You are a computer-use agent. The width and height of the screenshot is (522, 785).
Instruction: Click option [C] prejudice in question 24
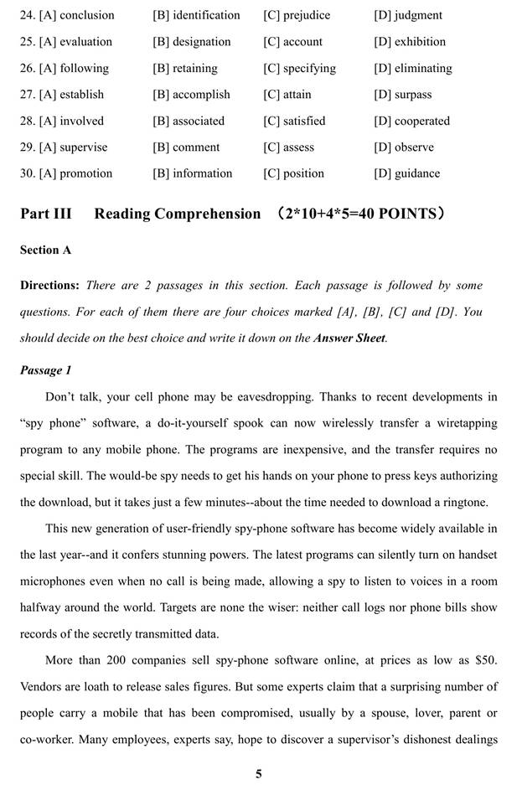(x=297, y=15)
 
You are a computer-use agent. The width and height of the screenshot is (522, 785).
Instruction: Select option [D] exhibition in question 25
(x=410, y=42)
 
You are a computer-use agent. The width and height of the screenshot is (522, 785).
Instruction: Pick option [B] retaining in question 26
(x=185, y=68)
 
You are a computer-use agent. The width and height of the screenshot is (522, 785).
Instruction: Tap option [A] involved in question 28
(x=62, y=121)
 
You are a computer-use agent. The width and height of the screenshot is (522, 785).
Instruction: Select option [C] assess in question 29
(x=288, y=147)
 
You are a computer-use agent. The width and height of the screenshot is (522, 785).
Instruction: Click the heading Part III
(x=46, y=214)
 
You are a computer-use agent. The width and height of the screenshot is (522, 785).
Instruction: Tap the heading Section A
(x=46, y=250)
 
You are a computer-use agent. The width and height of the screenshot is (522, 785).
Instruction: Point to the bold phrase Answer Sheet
(x=349, y=338)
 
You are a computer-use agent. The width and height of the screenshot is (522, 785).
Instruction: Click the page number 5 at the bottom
(x=259, y=773)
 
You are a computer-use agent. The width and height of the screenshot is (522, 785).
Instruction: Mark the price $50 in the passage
(x=485, y=660)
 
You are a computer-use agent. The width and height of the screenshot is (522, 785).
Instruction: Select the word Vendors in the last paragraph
(x=43, y=686)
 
